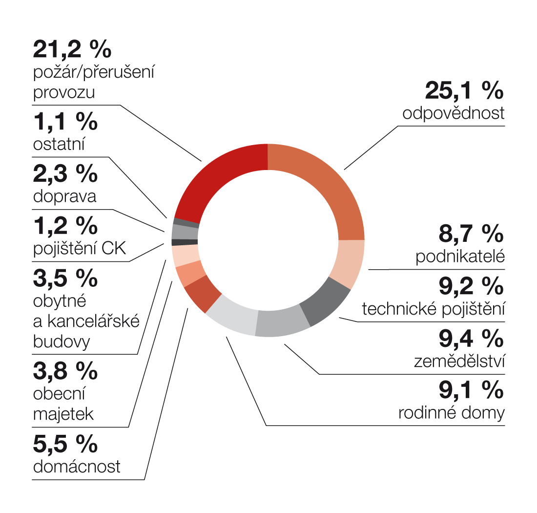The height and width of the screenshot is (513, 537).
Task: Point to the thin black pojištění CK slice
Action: (185, 242)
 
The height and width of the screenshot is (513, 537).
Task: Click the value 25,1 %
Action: (464, 90)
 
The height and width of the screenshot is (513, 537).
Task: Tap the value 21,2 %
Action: (72, 49)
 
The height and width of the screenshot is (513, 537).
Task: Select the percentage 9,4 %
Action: (471, 338)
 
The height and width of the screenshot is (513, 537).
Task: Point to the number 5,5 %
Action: (65, 444)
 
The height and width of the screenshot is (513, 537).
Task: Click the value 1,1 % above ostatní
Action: (65, 122)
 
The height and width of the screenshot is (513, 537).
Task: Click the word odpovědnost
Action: (454, 113)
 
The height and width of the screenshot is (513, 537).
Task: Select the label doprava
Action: (64, 196)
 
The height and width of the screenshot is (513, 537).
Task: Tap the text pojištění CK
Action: (80, 249)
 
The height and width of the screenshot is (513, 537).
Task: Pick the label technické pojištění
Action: (433, 309)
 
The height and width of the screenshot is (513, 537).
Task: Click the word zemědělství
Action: (459, 362)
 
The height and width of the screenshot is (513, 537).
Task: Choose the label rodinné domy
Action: (452, 413)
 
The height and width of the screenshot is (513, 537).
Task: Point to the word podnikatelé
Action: (460, 257)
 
